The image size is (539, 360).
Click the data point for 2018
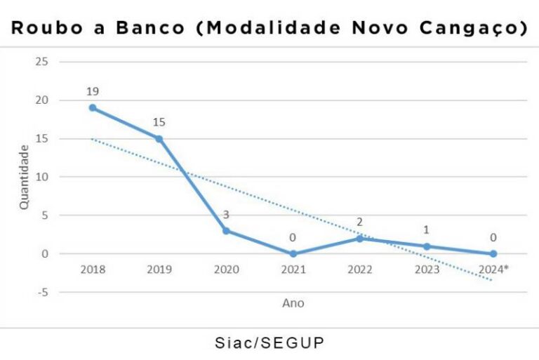pos(93,108)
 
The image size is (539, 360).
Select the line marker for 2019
pos(159,139)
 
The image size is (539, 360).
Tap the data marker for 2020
pos(226,230)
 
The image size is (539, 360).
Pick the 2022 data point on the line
pos(359,239)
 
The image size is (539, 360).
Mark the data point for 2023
pos(426,246)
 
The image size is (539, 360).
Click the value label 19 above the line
pos(93,92)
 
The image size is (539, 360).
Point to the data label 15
pos(159,123)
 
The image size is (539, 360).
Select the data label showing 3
pos(226,214)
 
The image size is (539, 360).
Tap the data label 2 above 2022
pos(359,222)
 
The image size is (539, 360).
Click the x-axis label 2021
pos(293,269)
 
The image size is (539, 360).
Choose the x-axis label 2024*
pos(493,269)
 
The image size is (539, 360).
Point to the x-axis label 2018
pos(93,269)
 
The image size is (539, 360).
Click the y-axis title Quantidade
pos(24,177)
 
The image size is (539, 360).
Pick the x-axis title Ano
pos(293,303)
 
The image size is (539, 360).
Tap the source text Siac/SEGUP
pos(269,344)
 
